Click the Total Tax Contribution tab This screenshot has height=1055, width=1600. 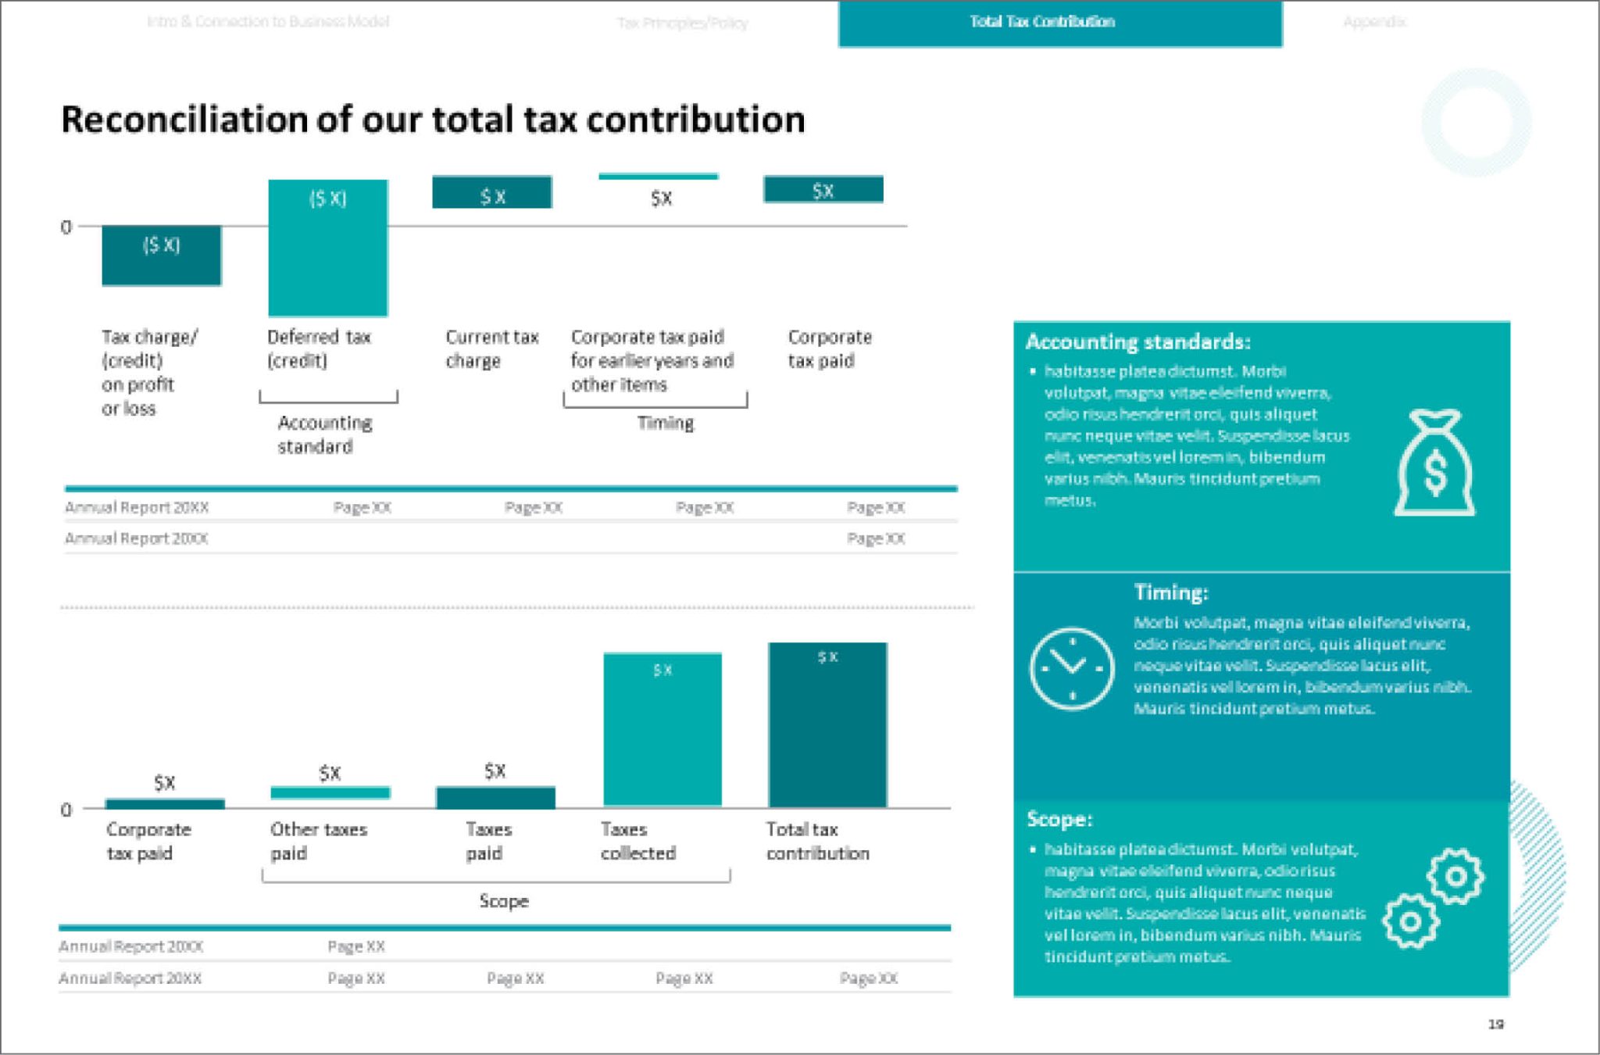point(1043,22)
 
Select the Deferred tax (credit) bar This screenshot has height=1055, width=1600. point(327,248)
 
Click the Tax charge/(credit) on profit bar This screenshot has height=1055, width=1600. point(161,256)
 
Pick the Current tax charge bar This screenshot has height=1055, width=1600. point(491,192)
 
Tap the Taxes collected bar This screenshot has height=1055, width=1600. point(662,729)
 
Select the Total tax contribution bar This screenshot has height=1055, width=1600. point(827,724)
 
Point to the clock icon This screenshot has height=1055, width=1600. point(1071,668)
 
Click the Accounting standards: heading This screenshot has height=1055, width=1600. point(1137,342)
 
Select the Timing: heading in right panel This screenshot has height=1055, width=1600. point(1170,592)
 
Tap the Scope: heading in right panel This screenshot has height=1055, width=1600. point(1059,819)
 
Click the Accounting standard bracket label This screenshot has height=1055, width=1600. point(324,435)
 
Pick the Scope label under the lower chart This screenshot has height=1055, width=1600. point(503,901)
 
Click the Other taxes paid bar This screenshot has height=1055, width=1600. point(330,792)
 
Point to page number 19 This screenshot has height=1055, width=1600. point(1495,1024)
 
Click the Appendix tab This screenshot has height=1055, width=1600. point(1374,22)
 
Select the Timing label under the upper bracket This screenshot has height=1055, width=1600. point(665,423)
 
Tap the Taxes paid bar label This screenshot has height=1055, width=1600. point(488,841)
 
